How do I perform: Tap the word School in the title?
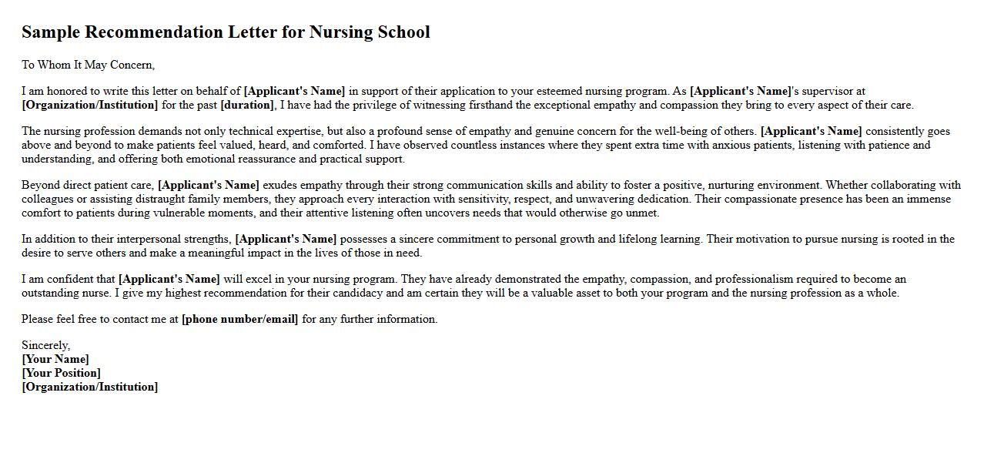click(403, 32)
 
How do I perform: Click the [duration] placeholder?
click(247, 105)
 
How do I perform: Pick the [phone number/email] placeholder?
click(239, 319)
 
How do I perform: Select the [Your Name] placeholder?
click(55, 359)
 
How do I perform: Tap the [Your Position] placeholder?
click(61, 373)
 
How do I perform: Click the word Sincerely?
click(45, 345)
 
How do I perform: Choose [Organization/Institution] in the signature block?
click(90, 387)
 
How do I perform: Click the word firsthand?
click(490, 105)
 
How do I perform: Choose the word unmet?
click(642, 213)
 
